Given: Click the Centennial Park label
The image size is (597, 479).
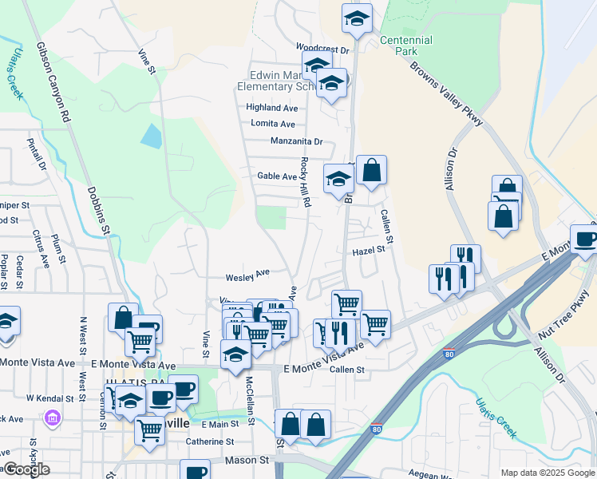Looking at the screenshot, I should (x=406, y=46).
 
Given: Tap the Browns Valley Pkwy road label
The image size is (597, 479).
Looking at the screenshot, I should (x=447, y=93).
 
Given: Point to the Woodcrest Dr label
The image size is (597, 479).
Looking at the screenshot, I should (x=323, y=49).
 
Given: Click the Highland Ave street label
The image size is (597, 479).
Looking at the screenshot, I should (x=271, y=107).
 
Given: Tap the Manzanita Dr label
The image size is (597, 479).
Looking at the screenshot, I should (x=296, y=141).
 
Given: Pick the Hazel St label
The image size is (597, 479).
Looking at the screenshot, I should (x=369, y=250).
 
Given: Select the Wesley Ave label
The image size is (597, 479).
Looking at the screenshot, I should (x=247, y=277).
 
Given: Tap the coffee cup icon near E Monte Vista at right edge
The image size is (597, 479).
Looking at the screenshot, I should (x=585, y=238).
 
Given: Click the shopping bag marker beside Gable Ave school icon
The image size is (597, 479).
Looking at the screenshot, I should (x=371, y=170).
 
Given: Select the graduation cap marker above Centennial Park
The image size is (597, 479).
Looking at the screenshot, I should (x=357, y=18).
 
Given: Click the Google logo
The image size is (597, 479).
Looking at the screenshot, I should (x=26, y=469).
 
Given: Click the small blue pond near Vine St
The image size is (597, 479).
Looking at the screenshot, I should (x=151, y=135).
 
